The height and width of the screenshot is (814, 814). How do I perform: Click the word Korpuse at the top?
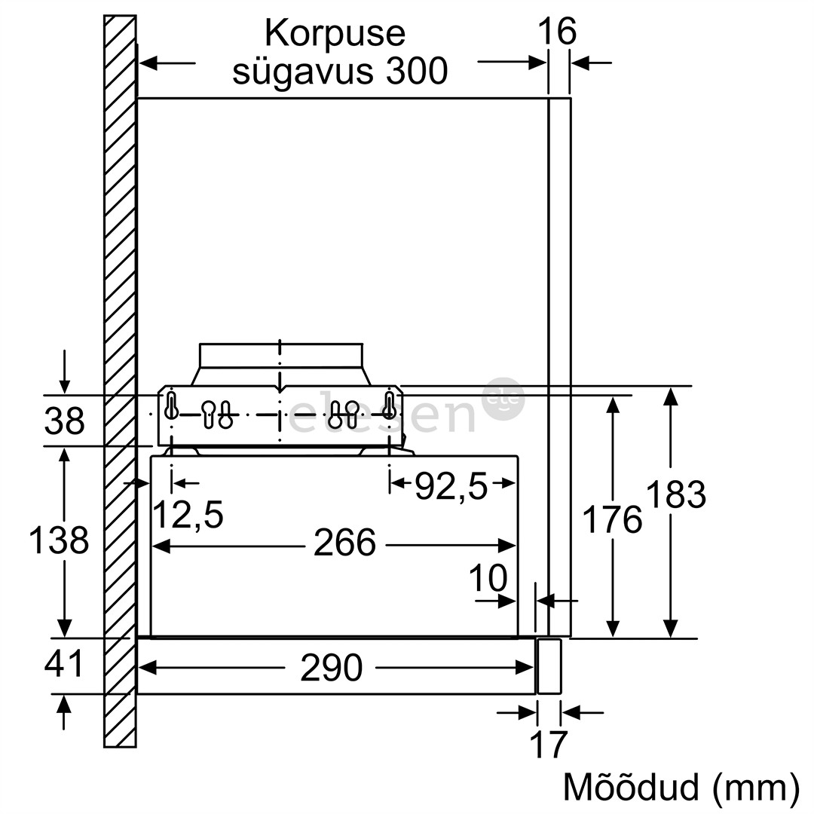(335, 34)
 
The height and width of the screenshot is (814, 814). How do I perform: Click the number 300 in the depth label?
(414, 72)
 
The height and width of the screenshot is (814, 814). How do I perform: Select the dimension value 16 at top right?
(557, 32)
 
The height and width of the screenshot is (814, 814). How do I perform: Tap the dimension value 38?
(64, 421)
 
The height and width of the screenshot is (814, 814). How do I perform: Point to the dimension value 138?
(58, 541)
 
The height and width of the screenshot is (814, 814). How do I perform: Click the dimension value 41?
(63, 665)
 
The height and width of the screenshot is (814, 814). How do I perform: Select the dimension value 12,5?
(188, 516)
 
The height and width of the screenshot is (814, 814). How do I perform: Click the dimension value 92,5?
(451, 488)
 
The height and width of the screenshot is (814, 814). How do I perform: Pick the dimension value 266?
(344, 543)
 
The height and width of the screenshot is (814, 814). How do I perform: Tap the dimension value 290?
(331, 668)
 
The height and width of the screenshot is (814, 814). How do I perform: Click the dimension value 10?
(488, 579)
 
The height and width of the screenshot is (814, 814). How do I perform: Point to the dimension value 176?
(612, 520)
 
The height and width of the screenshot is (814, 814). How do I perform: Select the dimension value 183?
(675, 495)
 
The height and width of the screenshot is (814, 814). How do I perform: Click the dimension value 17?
(548, 745)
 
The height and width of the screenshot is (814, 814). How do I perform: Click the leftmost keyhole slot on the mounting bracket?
(172, 405)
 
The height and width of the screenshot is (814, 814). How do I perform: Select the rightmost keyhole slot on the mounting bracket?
(389, 405)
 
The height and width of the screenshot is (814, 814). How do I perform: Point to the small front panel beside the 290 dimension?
(549, 666)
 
